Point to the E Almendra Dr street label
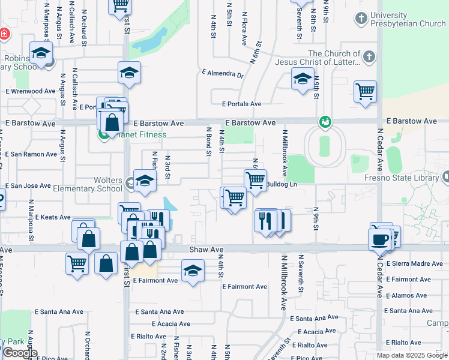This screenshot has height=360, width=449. coord(223,74)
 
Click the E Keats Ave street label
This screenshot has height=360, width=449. coord(53,217)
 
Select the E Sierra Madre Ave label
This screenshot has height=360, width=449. coord(414,263)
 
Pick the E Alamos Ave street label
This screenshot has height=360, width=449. coord(410,295)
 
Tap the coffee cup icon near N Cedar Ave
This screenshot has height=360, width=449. coord(379,239)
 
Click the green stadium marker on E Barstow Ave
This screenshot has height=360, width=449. coord(325,122)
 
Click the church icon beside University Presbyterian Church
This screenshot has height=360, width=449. coord(361,19)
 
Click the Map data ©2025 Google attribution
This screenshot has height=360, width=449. coord(412,355)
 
